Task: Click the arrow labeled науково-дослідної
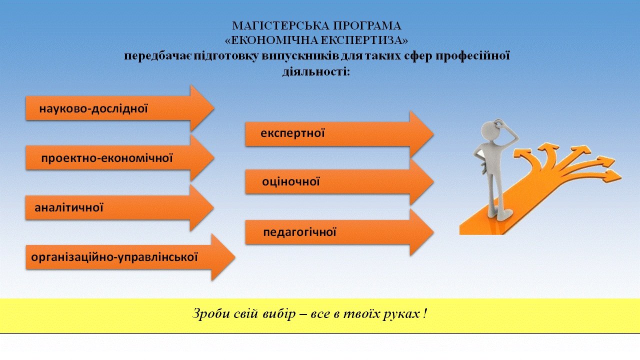point(120,108)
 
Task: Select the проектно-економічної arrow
point(120,158)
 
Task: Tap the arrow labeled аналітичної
point(119,207)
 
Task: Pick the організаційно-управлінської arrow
point(130,257)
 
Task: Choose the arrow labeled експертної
point(339,133)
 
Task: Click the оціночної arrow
point(339,182)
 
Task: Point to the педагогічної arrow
point(339,232)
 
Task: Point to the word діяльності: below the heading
point(316,71)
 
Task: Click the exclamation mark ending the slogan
point(425,313)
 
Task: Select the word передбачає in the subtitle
point(158,56)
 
